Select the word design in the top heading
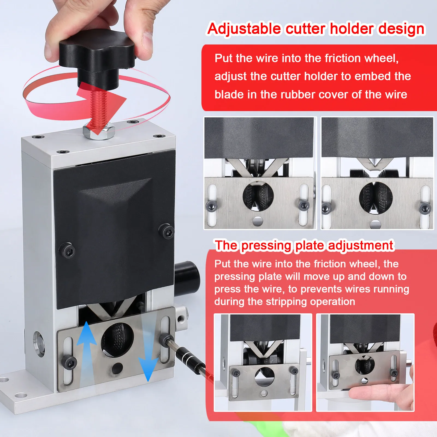coord(401,29)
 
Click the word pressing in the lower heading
coord(266,245)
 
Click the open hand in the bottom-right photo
coord(382,394)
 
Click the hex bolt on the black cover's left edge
coord(67,250)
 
